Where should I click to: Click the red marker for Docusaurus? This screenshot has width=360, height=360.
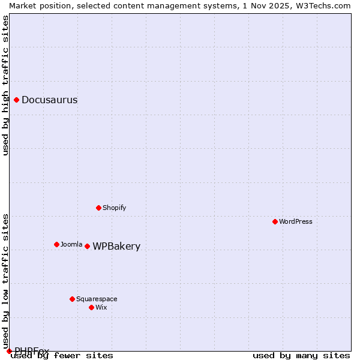[17, 100]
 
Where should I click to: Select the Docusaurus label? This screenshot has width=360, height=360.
[49, 100]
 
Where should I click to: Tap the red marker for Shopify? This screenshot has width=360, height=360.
[99, 208]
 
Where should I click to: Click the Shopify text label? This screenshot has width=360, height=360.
[114, 208]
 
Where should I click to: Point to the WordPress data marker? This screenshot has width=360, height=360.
[275, 221]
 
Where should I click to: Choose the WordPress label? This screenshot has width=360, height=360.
[295, 222]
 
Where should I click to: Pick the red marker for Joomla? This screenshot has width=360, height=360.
[57, 244]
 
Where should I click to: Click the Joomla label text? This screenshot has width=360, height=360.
[71, 245]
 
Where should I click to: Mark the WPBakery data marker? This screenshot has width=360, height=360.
[88, 246]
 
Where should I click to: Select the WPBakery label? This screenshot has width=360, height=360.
[116, 247]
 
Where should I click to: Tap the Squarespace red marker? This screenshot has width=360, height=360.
[73, 299]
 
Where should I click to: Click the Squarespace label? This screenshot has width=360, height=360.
[97, 299]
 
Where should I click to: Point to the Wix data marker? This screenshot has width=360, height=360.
[92, 307]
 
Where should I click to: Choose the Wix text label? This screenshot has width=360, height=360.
[101, 308]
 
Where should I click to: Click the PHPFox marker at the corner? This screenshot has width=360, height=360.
[10, 351]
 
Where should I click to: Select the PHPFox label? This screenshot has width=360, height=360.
[31, 351]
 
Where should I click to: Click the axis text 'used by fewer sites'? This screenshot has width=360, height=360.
[62, 356]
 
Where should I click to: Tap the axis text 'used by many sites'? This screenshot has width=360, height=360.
[301, 356]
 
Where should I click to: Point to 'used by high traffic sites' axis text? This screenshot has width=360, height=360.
[6, 85]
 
